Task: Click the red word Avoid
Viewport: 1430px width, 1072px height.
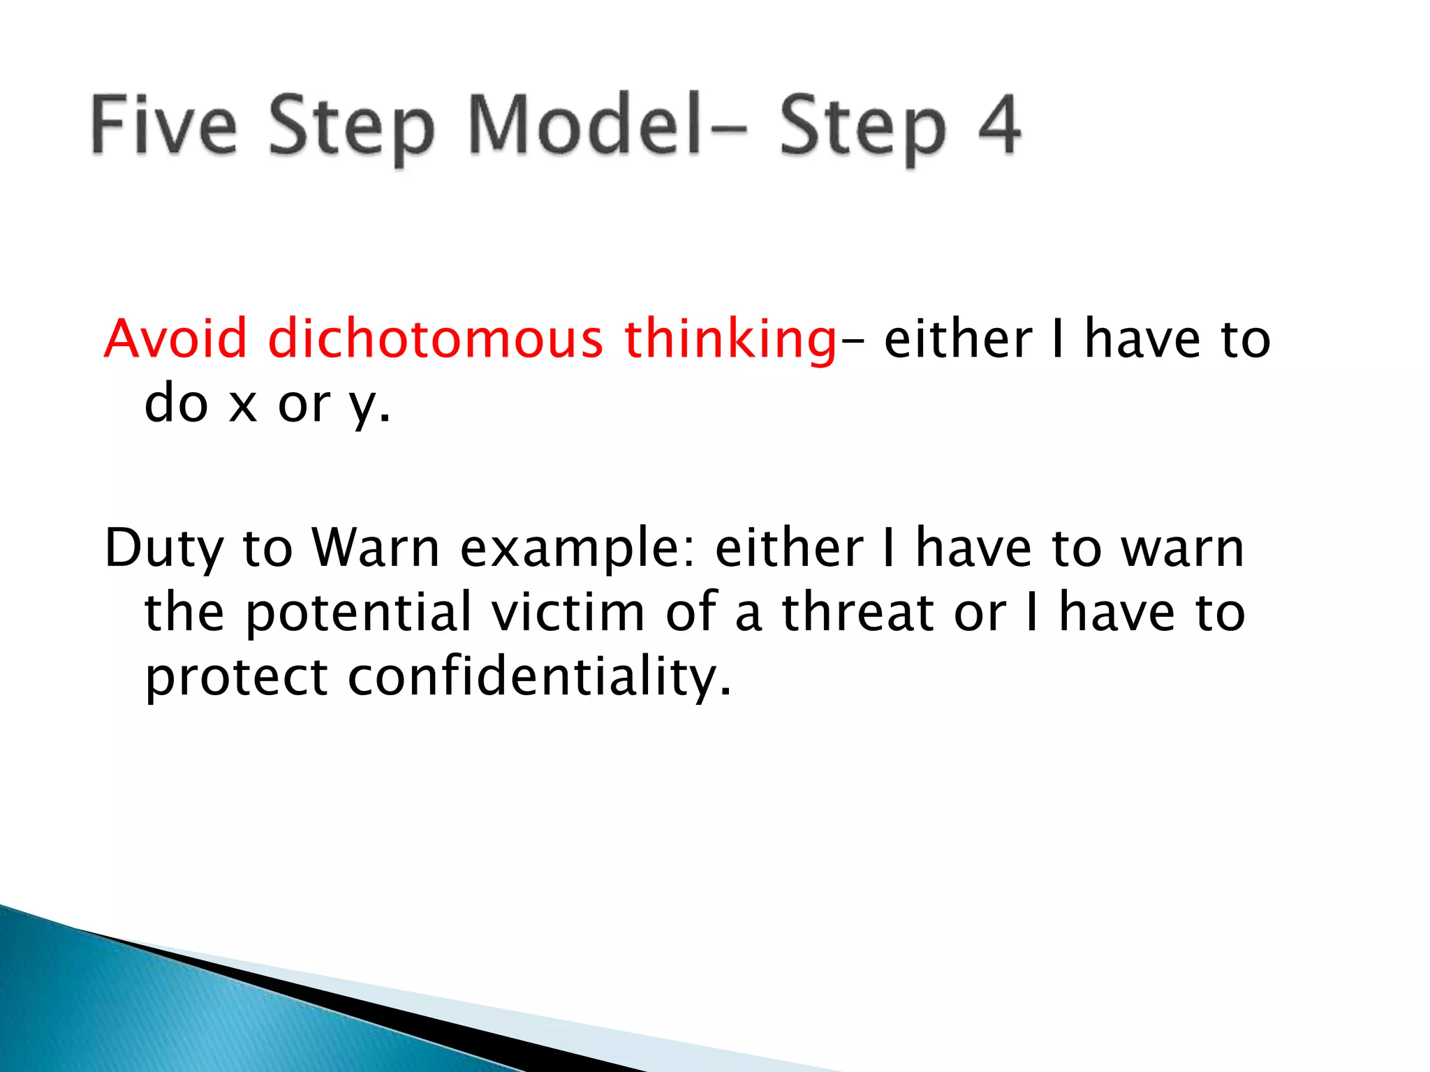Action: (x=175, y=338)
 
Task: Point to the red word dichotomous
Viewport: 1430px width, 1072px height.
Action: (x=435, y=338)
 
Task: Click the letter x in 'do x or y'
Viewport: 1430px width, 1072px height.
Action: (x=243, y=405)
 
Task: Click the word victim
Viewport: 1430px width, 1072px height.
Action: (x=568, y=612)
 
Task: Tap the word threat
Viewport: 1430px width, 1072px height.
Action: (x=857, y=612)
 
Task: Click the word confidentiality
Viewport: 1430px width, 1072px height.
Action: (x=539, y=677)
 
